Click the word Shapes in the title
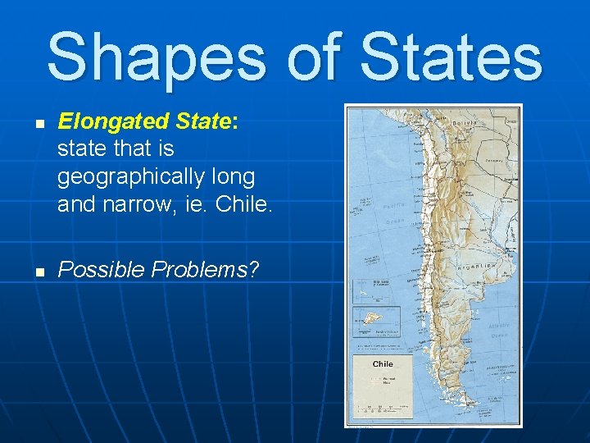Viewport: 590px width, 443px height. tap(156, 57)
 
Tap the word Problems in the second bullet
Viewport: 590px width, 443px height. tap(209, 268)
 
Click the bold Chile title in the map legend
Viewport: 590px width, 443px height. tap(383, 363)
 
